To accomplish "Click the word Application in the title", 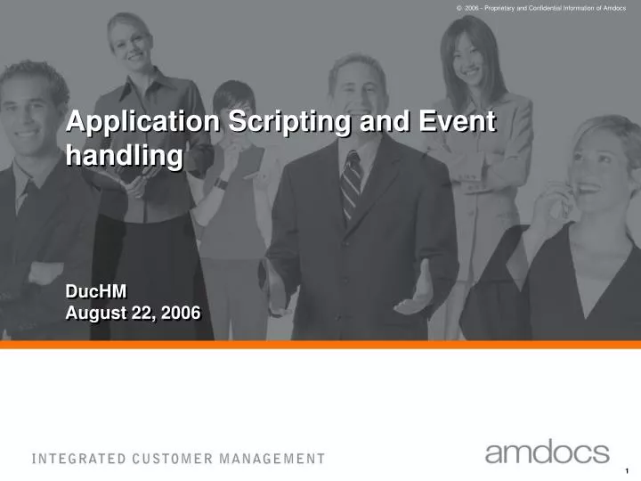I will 142,121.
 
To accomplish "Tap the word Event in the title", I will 455,121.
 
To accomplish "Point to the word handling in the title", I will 125,156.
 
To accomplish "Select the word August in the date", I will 95,313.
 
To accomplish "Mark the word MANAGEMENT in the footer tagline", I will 273,460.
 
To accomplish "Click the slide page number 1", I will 628,470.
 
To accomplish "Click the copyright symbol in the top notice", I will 458,7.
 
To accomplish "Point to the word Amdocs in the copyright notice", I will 613,7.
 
